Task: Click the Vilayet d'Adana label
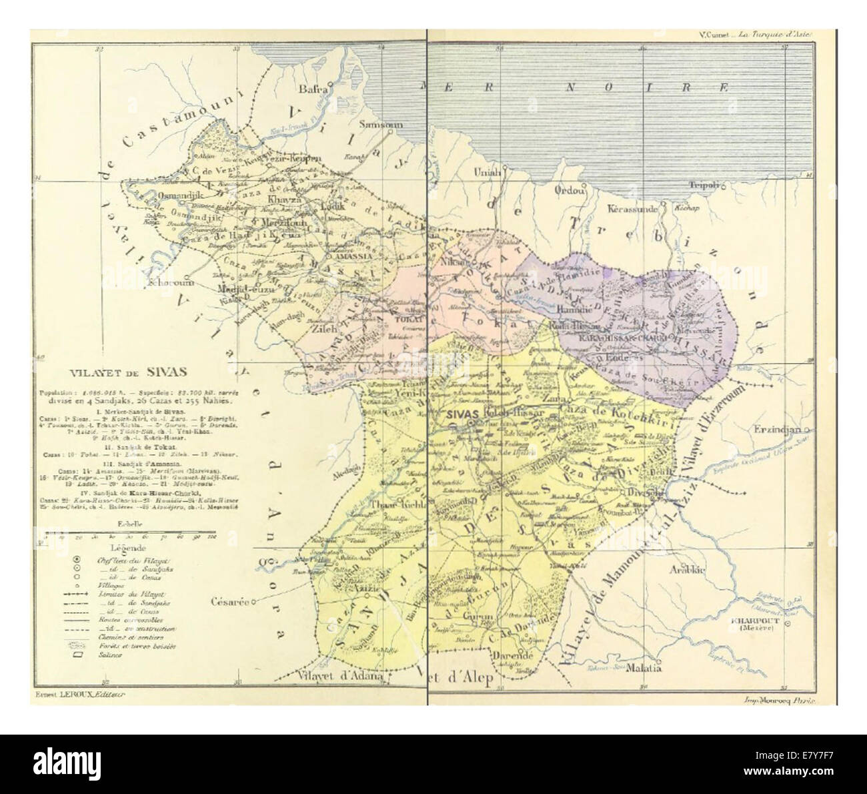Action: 341,675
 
